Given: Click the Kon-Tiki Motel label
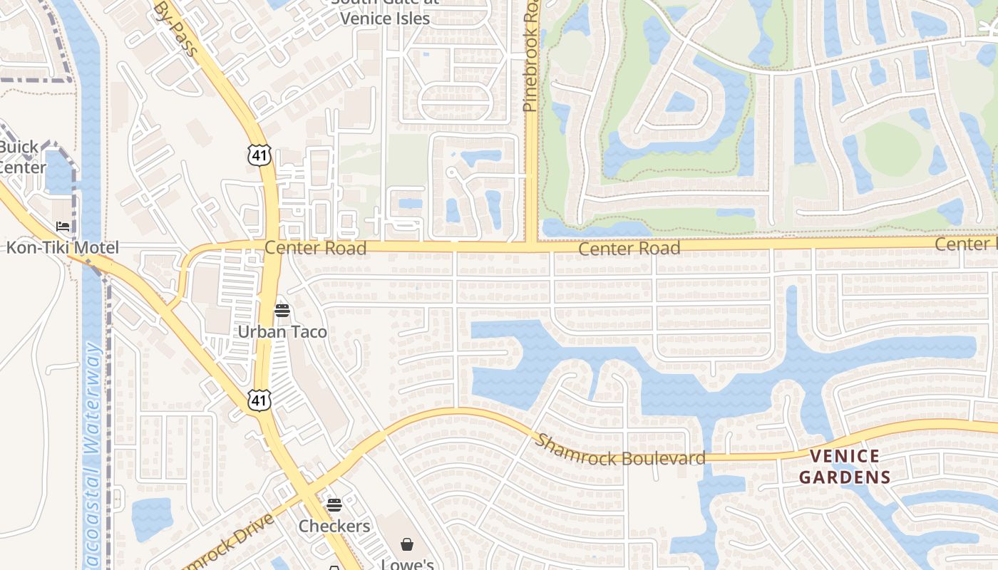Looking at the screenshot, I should click(63, 248).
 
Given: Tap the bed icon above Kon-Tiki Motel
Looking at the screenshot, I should click(63, 227).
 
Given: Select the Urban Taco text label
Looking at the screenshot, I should click(282, 332).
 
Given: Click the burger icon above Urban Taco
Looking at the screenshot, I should click(282, 311).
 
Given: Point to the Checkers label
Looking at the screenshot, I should click(334, 527).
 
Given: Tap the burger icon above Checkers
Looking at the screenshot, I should click(334, 505).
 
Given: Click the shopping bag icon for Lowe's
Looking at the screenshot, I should click(406, 545).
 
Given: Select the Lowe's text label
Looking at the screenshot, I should click(407, 563).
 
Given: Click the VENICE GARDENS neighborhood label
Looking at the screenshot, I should click(845, 467).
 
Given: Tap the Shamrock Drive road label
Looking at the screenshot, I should click(228, 541).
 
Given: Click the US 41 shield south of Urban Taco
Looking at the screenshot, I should click(259, 400).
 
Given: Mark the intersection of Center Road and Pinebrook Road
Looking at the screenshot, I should click(531, 247).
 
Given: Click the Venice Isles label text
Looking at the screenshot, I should click(385, 19).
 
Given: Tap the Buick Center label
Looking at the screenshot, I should click(21, 157).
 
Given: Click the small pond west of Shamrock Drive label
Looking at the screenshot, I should click(152, 519).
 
